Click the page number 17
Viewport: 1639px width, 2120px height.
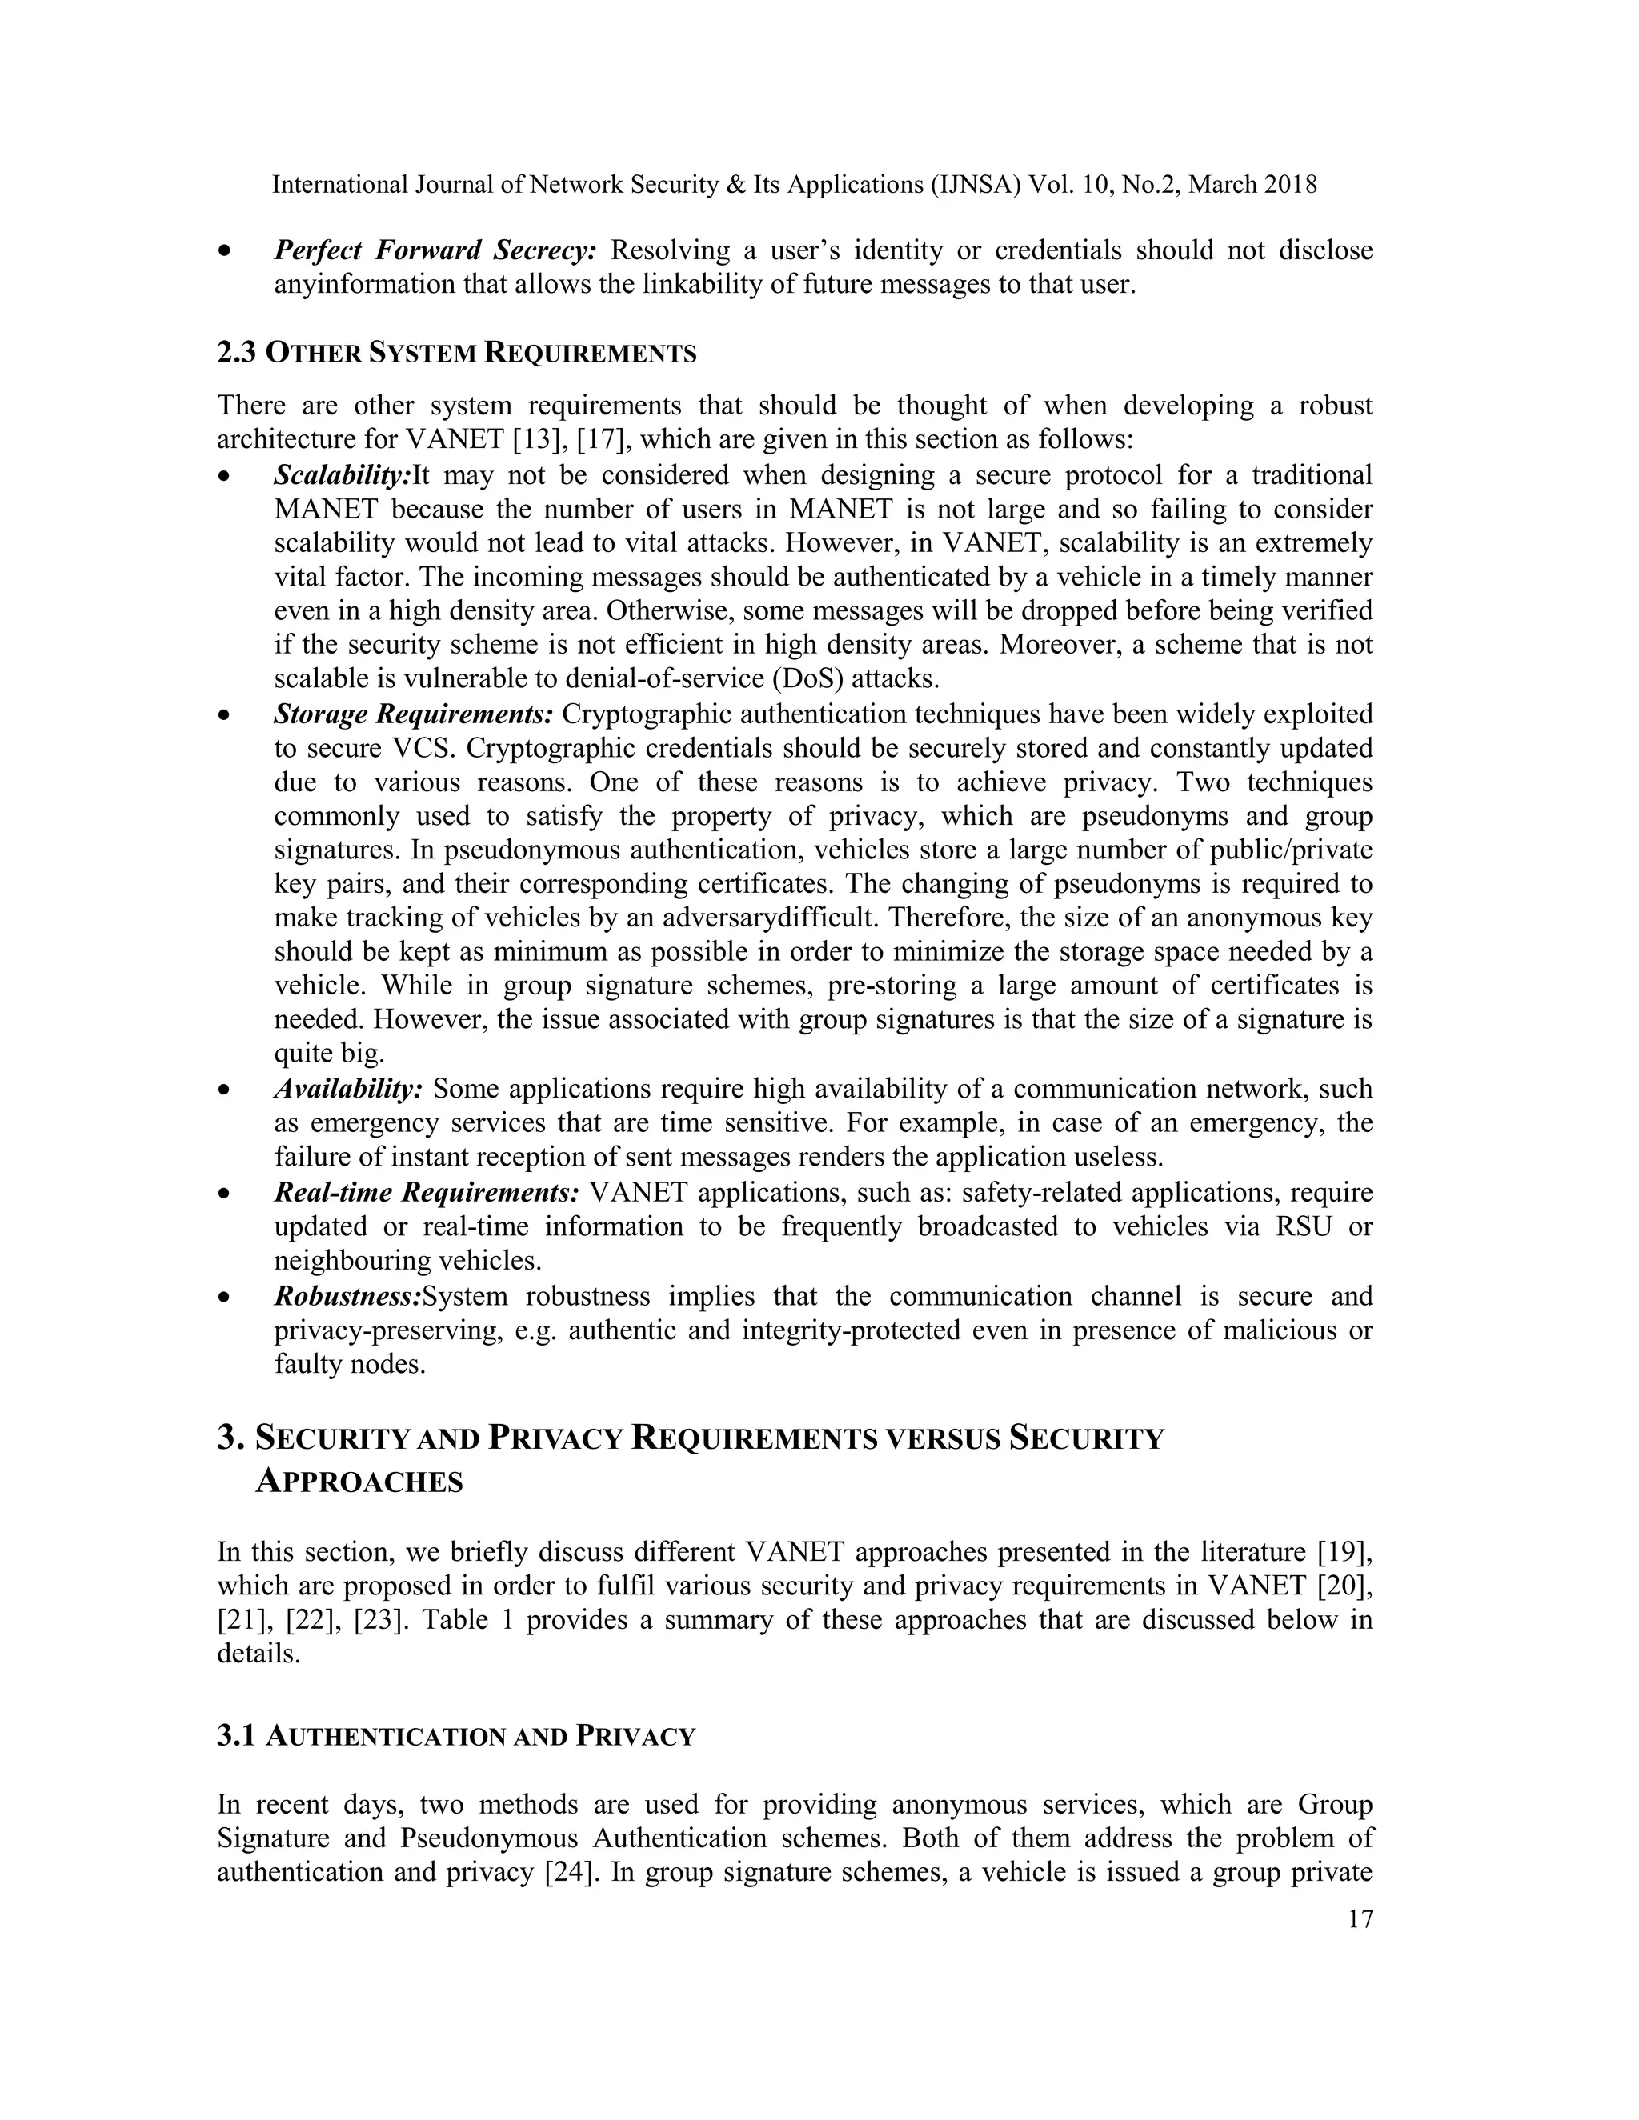(1360, 1919)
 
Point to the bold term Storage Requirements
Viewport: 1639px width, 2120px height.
(413, 714)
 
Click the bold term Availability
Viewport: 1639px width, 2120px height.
(347, 1089)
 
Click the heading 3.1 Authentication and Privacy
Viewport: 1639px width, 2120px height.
(456, 1737)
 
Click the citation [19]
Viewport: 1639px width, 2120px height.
(1344, 1552)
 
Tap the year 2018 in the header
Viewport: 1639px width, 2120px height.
(1290, 185)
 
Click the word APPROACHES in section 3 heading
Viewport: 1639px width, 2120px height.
(359, 1482)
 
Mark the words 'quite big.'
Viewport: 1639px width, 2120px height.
(329, 1054)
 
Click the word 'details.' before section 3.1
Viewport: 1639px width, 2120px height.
(258, 1654)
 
